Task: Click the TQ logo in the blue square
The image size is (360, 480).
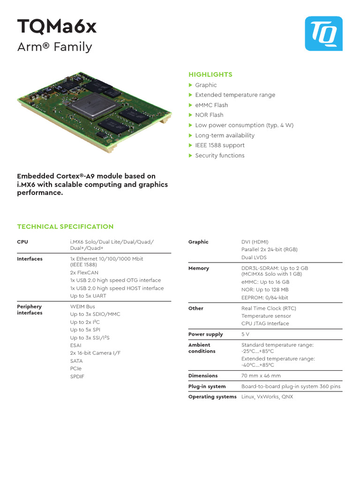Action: (x=324, y=33)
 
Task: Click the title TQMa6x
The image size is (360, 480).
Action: (x=57, y=27)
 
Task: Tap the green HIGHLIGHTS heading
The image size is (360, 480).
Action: (x=210, y=75)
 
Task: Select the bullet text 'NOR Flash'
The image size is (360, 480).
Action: (x=209, y=115)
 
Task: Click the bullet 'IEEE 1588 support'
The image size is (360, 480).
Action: (x=220, y=145)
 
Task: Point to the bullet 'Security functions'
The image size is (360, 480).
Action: (x=219, y=156)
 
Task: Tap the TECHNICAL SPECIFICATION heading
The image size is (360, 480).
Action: (x=65, y=227)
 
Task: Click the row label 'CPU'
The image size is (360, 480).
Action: (x=22, y=242)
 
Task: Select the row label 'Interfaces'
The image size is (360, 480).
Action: (x=30, y=259)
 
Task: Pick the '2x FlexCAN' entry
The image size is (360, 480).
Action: (x=85, y=272)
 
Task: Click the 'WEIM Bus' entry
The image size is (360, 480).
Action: (x=82, y=307)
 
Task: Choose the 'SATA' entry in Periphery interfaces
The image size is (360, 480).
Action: (x=76, y=361)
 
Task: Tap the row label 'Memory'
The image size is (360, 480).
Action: (x=199, y=268)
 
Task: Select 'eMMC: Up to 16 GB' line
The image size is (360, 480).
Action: (x=265, y=282)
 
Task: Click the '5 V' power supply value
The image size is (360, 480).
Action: (x=246, y=334)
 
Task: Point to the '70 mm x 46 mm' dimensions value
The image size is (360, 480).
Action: (x=261, y=375)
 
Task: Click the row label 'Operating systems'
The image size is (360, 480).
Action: (x=212, y=397)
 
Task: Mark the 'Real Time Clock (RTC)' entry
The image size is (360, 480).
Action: (x=269, y=308)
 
